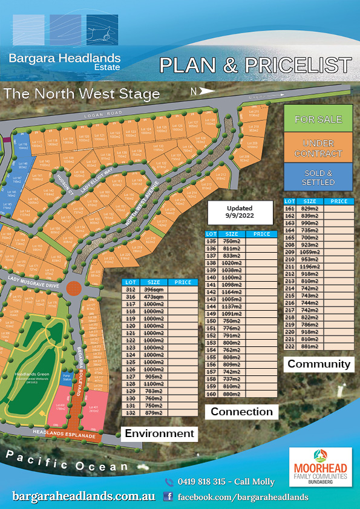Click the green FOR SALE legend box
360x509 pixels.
(318, 119)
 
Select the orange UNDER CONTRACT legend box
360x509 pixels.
(318, 149)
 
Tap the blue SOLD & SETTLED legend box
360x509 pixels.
(318, 178)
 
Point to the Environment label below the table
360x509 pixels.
(159, 433)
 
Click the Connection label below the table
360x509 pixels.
(241, 412)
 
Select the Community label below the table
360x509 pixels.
(319, 364)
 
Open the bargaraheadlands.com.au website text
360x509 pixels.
(83, 496)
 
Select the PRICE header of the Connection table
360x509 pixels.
(261, 234)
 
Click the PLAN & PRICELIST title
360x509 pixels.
(255, 65)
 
